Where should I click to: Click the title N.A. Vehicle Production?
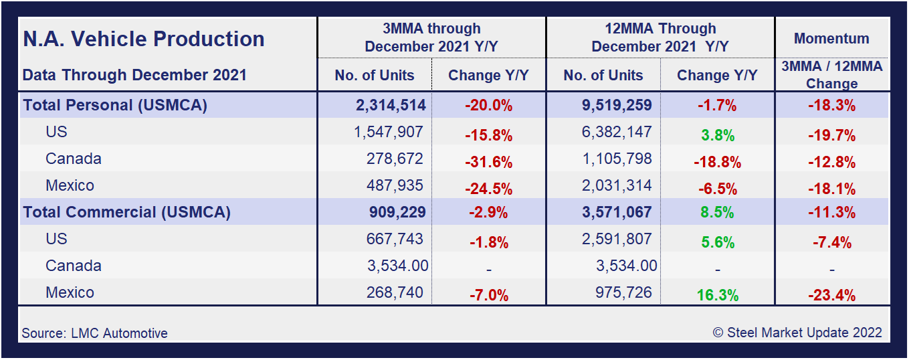click(x=144, y=39)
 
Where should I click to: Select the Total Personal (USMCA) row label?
click(x=115, y=105)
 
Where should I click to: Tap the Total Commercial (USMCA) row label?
click(x=126, y=212)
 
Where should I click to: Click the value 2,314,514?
click(x=391, y=105)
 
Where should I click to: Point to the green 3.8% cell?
click(x=717, y=135)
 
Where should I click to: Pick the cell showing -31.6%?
click(x=488, y=162)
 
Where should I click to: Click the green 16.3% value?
click(x=717, y=295)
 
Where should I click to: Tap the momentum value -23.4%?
click(x=831, y=295)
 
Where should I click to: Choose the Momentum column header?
click(x=831, y=39)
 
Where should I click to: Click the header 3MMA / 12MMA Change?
click(x=831, y=75)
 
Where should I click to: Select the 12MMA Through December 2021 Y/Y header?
click(x=660, y=37)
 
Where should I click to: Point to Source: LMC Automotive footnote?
click(x=94, y=333)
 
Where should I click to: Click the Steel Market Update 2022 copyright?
click(x=797, y=333)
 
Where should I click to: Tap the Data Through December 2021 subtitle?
click(x=134, y=75)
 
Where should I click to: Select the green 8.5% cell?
click(x=717, y=213)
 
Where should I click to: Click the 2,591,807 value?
click(x=616, y=239)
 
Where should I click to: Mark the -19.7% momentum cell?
click(x=831, y=135)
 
